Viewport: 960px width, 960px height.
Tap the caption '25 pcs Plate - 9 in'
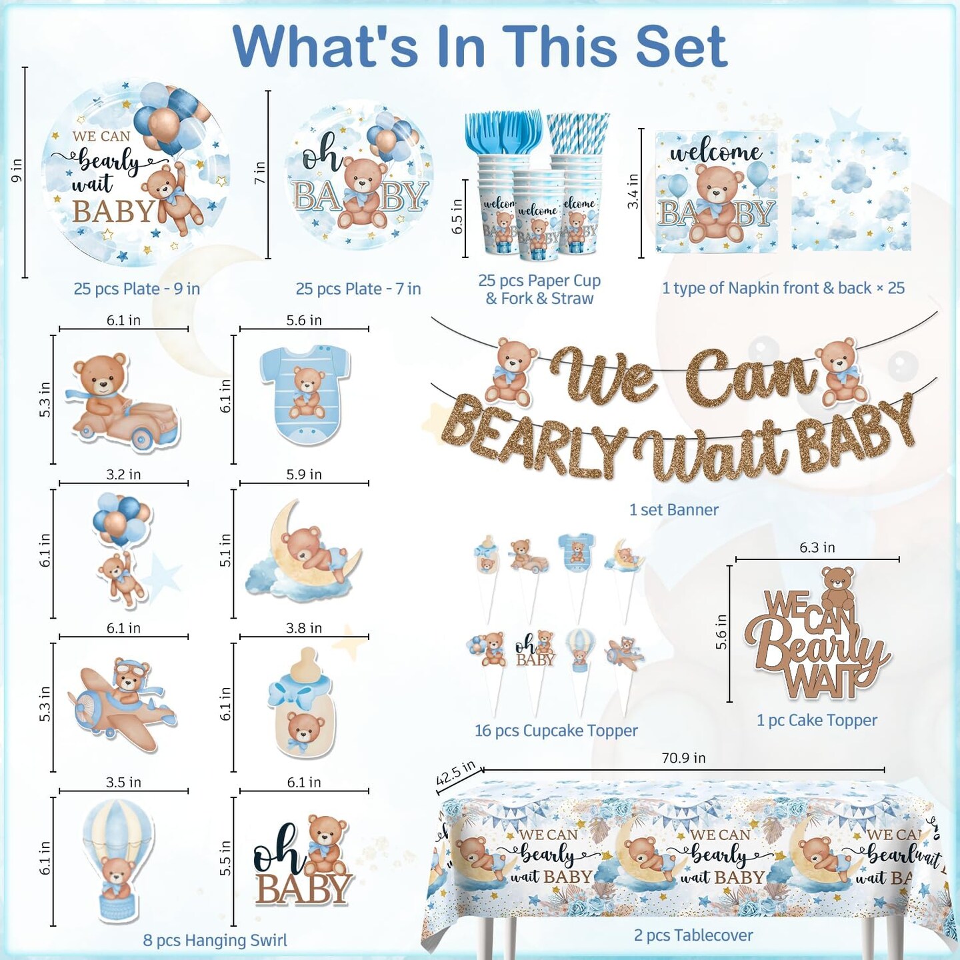(137, 289)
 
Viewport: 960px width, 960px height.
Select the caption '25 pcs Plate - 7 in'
(358, 289)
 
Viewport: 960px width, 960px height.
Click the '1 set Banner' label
(673, 510)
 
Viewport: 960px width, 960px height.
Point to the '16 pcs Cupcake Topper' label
(556, 731)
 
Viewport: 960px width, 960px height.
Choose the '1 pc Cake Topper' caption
(817, 720)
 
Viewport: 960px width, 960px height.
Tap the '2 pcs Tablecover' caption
(693, 935)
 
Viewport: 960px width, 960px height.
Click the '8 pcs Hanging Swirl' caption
(215, 941)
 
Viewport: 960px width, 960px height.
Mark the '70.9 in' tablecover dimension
(683, 758)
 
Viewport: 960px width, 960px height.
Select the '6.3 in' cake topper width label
(817, 547)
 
